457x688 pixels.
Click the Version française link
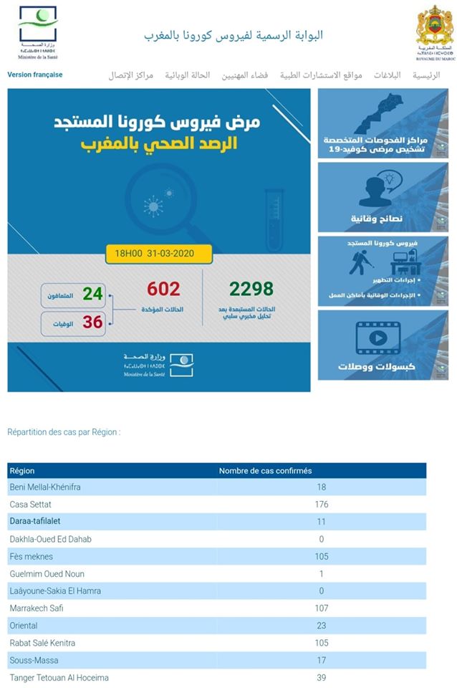click(35, 75)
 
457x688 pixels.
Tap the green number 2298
click(251, 289)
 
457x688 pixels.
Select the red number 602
click(163, 289)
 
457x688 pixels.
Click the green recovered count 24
click(92, 294)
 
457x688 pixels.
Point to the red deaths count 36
click(92, 322)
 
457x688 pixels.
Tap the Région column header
click(22, 471)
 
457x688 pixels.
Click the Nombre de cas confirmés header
click(265, 471)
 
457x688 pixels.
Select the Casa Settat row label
click(31, 505)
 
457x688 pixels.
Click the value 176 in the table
click(322, 505)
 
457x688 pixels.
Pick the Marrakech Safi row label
click(37, 608)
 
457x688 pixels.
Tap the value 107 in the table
click(322, 608)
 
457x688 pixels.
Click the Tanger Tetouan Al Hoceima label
click(59, 677)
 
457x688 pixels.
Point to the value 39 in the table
click(322, 677)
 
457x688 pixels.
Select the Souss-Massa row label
click(34, 660)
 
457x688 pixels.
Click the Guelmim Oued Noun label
click(47, 574)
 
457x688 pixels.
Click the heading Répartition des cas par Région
click(64, 432)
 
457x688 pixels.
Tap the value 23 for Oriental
click(322, 626)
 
